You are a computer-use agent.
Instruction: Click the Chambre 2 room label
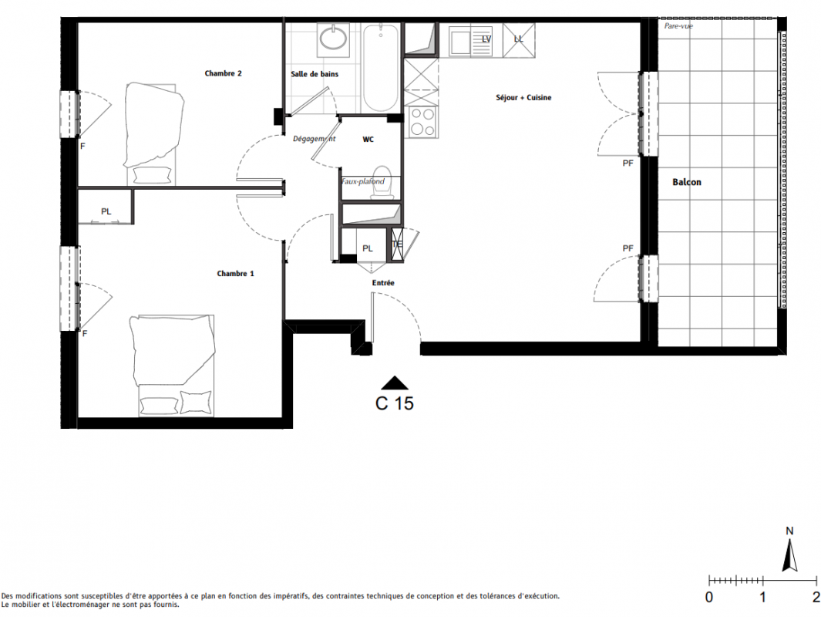point(223,73)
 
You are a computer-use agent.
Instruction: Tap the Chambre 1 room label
point(235,273)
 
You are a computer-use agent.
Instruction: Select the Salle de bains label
point(315,74)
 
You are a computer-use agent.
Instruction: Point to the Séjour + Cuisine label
point(523,97)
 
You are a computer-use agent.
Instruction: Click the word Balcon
point(686,182)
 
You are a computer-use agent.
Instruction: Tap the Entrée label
point(383,283)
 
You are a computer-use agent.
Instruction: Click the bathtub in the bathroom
point(381,68)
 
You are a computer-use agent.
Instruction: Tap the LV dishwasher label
point(486,39)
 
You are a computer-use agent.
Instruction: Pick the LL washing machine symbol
point(519,39)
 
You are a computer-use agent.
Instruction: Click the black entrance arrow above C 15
point(394,383)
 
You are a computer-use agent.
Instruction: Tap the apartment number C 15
point(394,403)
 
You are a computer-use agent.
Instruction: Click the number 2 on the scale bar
point(816,597)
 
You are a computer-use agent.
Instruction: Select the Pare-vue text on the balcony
point(678,25)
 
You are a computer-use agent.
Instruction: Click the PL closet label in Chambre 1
point(106,211)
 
